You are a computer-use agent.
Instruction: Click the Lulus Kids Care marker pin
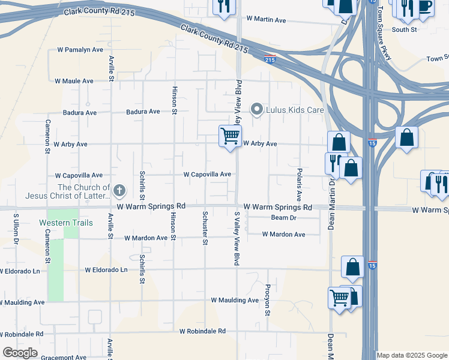(x=258, y=109)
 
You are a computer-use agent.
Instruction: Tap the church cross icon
(x=119, y=191)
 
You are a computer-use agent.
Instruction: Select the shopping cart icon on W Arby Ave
(x=230, y=136)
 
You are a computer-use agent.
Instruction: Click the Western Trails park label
(x=58, y=223)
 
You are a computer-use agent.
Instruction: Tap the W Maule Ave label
(x=74, y=80)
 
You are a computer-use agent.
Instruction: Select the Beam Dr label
(x=284, y=218)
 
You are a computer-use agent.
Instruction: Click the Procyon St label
(x=268, y=300)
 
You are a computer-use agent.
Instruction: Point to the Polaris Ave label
(x=298, y=184)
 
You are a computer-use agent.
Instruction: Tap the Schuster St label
(x=205, y=227)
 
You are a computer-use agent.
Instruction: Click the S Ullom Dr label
(x=16, y=228)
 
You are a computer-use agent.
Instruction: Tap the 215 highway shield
(x=270, y=60)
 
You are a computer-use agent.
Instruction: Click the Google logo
(x=20, y=353)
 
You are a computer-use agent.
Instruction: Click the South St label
(x=405, y=29)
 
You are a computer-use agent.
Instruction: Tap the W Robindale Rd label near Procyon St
(x=202, y=331)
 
